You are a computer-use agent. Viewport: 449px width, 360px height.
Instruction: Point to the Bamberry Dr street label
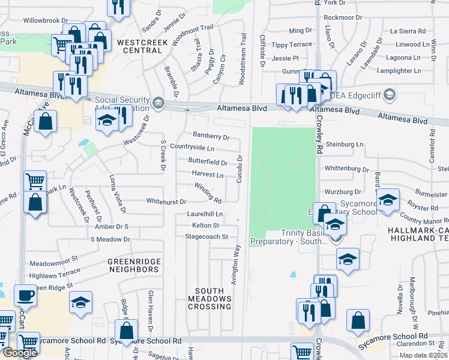click(211, 137)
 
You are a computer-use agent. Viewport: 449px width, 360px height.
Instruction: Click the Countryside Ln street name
click(192, 147)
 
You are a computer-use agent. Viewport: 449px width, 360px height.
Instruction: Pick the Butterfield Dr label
click(208, 163)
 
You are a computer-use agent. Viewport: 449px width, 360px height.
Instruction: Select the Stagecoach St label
click(207, 237)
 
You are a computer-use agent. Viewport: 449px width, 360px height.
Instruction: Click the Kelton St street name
click(205, 225)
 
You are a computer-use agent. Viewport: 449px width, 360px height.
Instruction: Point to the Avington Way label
click(235, 264)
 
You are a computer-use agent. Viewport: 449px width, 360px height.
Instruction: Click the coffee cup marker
click(25, 296)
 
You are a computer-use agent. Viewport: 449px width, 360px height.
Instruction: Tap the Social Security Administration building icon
click(158, 103)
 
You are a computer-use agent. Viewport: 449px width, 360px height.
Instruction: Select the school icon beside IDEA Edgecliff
click(389, 95)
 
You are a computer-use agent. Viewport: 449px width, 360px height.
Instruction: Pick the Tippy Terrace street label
click(292, 45)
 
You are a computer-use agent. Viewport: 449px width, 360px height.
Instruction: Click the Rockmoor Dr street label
click(343, 18)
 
